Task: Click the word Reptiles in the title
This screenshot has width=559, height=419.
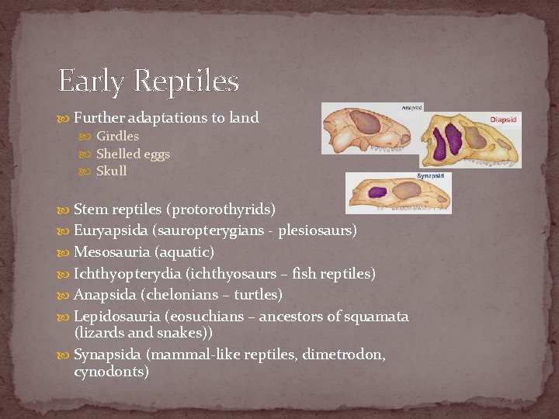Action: pos(186,81)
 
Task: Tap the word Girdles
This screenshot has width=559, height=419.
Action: pos(117,136)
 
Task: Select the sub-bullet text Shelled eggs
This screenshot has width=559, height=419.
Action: pos(133,154)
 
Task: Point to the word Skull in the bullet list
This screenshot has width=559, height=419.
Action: pos(111,171)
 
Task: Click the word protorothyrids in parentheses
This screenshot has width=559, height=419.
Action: pos(223,209)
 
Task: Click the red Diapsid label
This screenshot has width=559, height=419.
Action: pos(503,120)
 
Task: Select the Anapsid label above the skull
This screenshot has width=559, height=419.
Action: pos(412,108)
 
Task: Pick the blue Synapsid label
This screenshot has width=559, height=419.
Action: pos(430,176)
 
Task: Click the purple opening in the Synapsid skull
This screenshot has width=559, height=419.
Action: pos(377,192)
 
